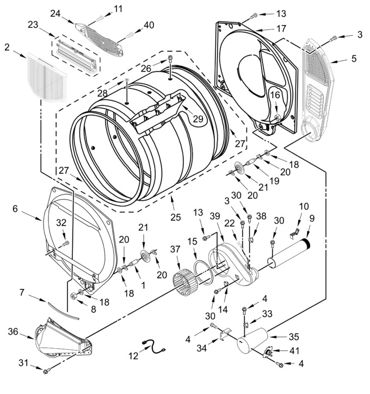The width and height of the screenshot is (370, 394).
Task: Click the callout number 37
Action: tap(175, 249)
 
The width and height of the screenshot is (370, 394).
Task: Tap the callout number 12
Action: tap(133, 356)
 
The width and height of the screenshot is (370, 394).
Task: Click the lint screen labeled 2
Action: tap(46, 77)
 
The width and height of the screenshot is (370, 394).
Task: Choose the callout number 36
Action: tap(13, 331)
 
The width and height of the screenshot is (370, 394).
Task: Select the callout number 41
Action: tap(294, 350)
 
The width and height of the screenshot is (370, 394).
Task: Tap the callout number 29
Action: tap(198, 118)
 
